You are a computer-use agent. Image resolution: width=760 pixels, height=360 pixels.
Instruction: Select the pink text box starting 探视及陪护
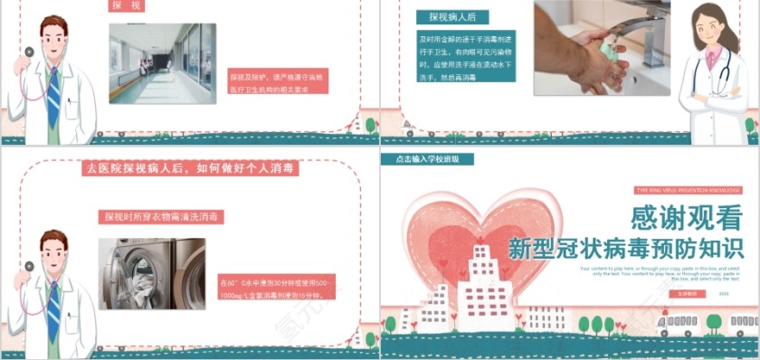276,82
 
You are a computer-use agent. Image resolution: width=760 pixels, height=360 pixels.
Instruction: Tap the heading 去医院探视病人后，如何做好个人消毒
191,168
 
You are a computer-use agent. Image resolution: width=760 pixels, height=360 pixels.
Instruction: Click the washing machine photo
152,273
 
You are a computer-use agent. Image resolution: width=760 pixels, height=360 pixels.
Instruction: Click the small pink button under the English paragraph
688,294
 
